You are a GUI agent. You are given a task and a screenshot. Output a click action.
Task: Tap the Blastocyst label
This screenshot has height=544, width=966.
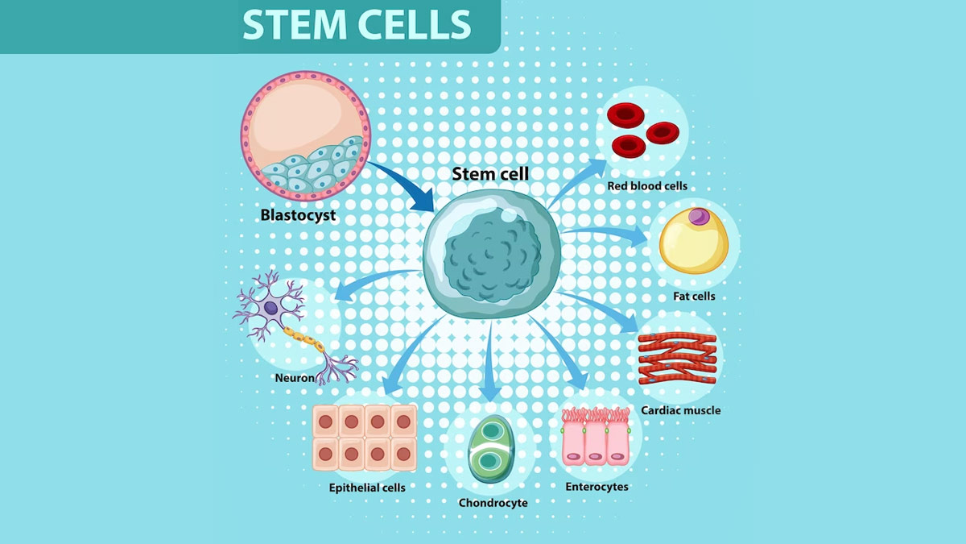[x=298, y=215]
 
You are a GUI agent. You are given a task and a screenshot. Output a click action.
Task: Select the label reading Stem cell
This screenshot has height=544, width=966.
[x=490, y=174]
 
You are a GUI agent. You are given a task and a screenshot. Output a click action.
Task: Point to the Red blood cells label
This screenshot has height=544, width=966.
[x=647, y=186]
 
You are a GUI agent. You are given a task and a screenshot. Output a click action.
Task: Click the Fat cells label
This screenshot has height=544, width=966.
[x=694, y=297]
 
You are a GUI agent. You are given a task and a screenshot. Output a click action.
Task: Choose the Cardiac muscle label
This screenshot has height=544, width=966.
[x=680, y=410]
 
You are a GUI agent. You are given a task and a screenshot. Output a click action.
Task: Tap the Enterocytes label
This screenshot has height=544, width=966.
[x=597, y=487]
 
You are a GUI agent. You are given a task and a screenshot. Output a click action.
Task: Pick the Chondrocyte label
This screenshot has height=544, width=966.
[x=493, y=503]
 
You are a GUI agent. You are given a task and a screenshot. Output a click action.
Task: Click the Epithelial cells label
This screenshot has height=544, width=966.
[x=367, y=488]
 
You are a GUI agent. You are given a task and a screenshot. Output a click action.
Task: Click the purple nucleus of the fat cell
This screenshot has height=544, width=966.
[x=700, y=216]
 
